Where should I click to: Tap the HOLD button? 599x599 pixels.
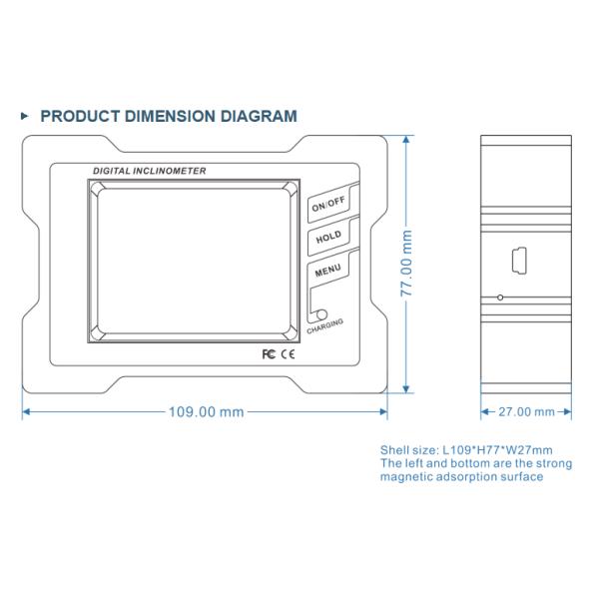(327, 238)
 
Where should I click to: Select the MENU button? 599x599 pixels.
(327, 272)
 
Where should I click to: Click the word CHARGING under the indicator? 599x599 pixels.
(325, 326)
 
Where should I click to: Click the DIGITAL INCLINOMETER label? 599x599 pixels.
(150, 172)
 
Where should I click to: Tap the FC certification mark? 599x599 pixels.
(268, 354)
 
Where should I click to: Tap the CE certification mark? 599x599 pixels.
(287, 354)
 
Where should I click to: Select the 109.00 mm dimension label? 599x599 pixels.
(205, 411)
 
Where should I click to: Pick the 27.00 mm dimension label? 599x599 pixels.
(525, 411)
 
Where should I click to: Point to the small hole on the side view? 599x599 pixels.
(500, 298)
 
